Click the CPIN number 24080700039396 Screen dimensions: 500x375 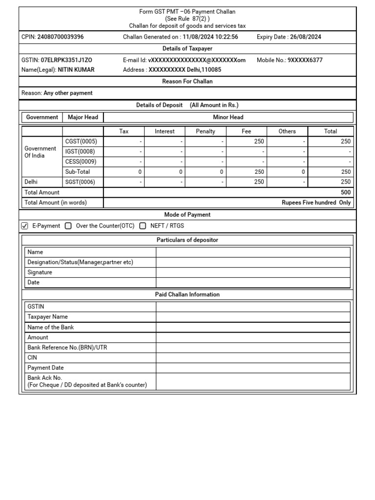[x=60, y=37]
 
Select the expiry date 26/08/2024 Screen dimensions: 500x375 [x=305, y=37]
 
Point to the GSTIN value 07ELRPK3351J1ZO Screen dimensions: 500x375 [x=66, y=60]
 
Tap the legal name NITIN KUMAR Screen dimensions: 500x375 [x=76, y=70]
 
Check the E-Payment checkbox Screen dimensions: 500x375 [x=25, y=226]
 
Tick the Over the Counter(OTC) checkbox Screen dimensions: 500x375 [x=68, y=226]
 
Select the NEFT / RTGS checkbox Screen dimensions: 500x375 [x=143, y=226]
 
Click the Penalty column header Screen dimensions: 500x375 [x=206, y=131]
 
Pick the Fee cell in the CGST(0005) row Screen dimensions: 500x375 [x=247, y=142]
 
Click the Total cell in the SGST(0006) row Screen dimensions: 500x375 [x=331, y=182]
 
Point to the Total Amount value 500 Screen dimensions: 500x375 [x=346, y=192]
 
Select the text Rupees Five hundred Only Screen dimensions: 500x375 [x=316, y=203]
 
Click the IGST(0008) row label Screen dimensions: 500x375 [x=80, y=152]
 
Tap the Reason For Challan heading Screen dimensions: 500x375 [x=187, y=82]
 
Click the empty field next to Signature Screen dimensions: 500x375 [x=253, y=272]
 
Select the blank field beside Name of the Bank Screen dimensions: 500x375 [x=253, y=327]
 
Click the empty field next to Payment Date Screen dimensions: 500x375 [x=253, y=368]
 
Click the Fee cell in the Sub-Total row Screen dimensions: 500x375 [x=247, y=172]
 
